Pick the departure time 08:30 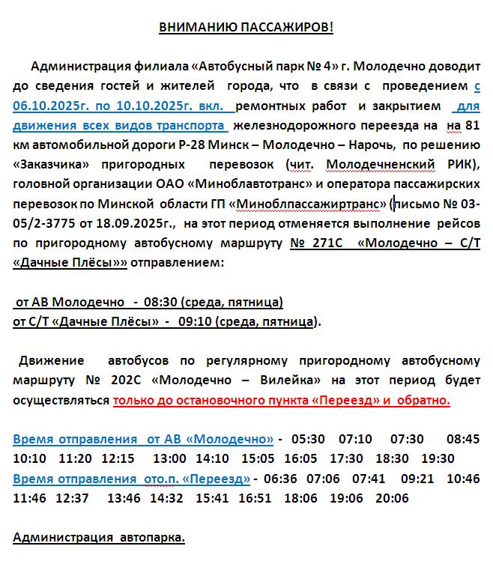point(164,302)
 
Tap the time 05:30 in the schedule point(311,438)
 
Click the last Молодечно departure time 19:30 point(438,458)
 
